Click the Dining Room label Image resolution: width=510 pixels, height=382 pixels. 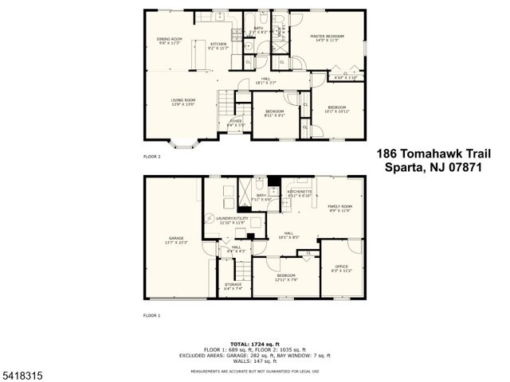pyautogui.click(x=169, y=41)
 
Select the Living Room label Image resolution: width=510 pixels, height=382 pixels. pyautogui.click(x=182, y=101)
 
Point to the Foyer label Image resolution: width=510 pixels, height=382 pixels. pyautogui.click(x=235, y=123)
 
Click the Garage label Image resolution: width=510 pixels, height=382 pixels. pyautogui.click(x=175, y=240)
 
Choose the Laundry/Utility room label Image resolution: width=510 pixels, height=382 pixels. pyautogui.click(x=234, y=220)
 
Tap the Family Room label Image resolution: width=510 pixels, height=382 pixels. pyautogui.click(x=341, y=209)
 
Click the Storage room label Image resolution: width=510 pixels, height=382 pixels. pyautogui.click(x=233, y=286)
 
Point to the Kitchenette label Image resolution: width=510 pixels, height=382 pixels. pyautogui.click(x=300, y=193)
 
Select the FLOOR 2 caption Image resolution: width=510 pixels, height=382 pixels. pyautogui.click(x=151, y=157)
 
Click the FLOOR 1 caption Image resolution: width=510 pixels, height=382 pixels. pyautogui.click(x=151, y=316)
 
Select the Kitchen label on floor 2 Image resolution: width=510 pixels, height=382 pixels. pyautogui.click(x=218, y=45)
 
